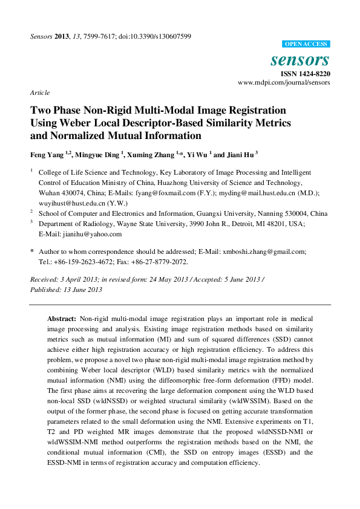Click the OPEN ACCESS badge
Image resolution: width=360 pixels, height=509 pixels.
(306, 44)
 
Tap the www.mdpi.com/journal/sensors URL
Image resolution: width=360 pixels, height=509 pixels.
(284, 82)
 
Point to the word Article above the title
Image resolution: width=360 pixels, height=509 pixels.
(39, 92)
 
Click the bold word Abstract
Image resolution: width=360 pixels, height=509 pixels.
(62, 318)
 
